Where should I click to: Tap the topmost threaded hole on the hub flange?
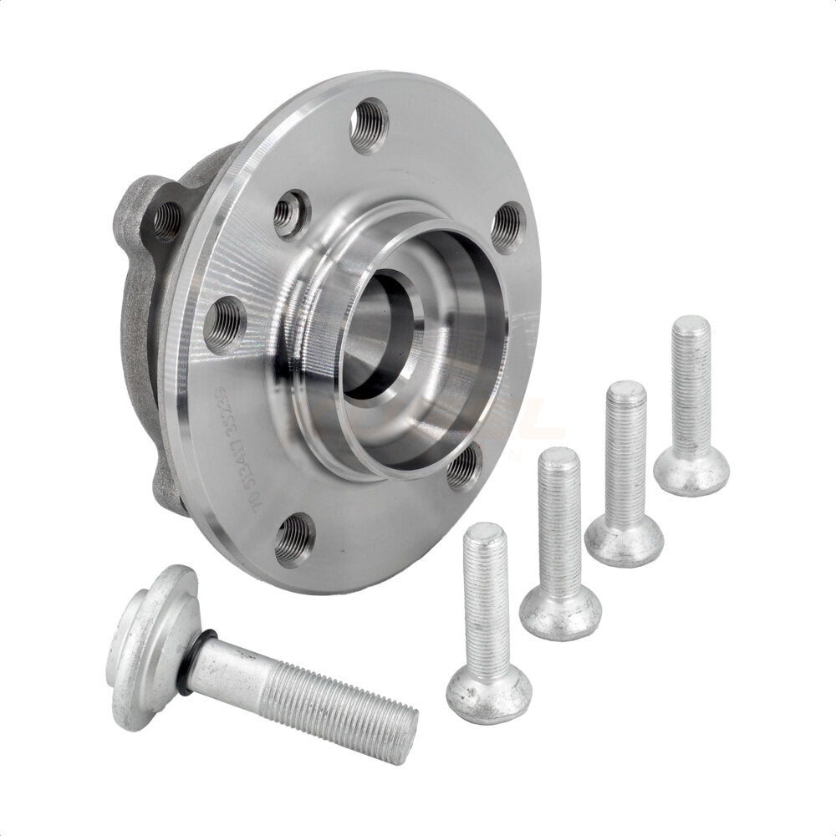[x=369, y=125]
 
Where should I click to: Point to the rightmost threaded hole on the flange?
[x=508, y=227]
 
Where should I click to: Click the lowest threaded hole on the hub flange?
[x=295, y=540]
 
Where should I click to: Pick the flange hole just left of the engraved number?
[x=225, y=324]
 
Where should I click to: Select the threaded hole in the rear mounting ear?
[x=166, y=221]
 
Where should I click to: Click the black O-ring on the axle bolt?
[x=189, y=661]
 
